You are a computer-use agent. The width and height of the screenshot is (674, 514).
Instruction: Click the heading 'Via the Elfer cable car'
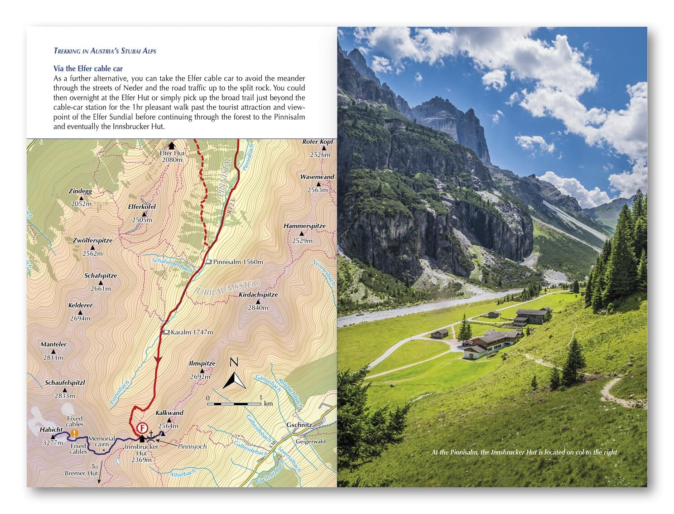88,68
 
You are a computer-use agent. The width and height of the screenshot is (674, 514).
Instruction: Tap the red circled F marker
142,428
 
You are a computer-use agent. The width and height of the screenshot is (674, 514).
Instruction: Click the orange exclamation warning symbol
74,433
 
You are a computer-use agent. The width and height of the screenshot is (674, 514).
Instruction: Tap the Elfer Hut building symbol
172,145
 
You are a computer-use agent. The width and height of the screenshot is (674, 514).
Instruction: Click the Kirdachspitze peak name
258,295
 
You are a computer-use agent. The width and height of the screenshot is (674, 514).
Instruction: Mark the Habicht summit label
51,429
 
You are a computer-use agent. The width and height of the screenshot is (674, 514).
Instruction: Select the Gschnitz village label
299,425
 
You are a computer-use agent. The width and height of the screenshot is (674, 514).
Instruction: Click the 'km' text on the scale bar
268,403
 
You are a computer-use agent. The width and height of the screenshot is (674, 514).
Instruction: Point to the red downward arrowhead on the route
158,359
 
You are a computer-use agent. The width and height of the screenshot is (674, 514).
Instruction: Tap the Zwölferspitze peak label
92,240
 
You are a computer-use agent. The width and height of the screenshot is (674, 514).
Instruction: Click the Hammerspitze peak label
304,226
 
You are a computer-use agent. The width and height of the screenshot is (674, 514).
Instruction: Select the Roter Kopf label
318,142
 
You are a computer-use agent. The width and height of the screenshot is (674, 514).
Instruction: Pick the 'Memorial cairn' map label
101,441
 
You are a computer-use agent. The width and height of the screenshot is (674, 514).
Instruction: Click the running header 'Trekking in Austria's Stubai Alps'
105,51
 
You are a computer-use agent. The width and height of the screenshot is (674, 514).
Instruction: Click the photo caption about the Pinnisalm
524,452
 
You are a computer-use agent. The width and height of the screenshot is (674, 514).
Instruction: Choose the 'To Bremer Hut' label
82,470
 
